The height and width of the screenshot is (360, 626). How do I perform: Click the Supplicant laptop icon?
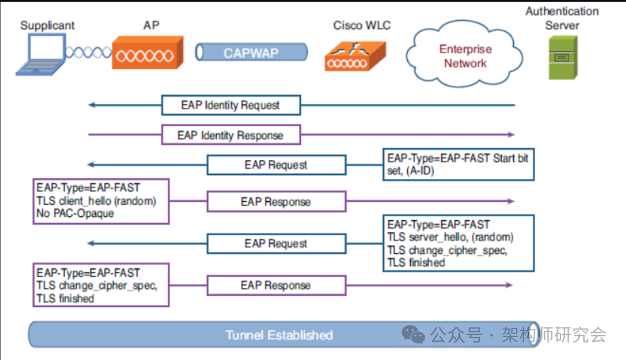[x=40, y=55]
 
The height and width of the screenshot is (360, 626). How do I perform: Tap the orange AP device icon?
[x=147, y=53]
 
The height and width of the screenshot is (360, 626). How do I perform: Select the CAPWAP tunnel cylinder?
[x=251, y=53]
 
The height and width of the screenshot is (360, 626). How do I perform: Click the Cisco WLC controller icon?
[x=354, y=56]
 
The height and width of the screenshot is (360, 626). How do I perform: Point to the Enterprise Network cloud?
[x=465, y=56]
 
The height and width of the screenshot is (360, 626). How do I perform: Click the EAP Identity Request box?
[x=230, y=105]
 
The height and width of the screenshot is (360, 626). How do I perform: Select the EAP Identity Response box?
[x=230, y=135]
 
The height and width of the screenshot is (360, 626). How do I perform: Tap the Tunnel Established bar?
[x=279, y=335]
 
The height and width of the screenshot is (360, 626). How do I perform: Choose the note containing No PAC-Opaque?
[x=100, y=201]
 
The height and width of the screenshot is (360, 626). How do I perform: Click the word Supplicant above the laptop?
[x=47, y=25]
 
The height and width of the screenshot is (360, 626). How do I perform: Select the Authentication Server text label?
[x=562, y=18]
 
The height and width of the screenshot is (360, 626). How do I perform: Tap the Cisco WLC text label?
[x=362, y=25]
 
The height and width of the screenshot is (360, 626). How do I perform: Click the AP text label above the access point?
[x=152, y=25]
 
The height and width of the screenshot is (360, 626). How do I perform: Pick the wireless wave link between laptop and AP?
[x=88, y=53]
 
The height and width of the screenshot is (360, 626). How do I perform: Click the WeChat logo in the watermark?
[x=415, y=334]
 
